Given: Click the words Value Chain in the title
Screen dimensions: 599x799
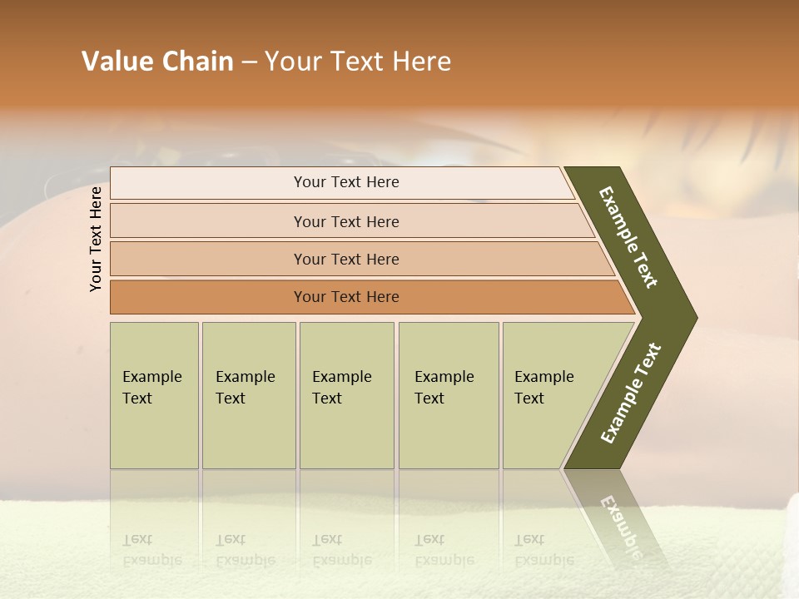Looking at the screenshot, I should [x=157, y=62].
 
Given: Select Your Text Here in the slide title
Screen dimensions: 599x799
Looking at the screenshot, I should [x=358, y=62].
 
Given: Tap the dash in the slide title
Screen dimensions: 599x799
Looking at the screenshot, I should [x=249, y=62].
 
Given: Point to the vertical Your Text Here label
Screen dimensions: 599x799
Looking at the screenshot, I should [x=96, y=239].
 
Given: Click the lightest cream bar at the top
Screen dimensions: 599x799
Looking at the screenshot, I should [x=345, y=182].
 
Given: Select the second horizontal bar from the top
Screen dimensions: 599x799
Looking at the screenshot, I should [x=345, y=221].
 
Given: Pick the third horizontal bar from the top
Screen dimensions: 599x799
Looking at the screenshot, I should [x=345, y=259].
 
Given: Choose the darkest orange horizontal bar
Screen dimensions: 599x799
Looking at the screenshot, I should [x=345, y=297].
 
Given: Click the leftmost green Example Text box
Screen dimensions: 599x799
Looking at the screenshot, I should [x=154, y=395].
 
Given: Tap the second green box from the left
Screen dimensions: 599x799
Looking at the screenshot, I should [x=248, y=395].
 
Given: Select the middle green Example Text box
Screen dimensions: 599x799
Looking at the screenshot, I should [x=346, y=395].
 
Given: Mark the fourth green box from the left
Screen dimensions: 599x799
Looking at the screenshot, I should [x=448, y=395].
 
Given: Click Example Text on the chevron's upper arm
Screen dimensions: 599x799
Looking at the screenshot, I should [x=628, y=237].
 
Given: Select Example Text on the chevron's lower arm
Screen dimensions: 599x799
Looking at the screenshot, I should [x=630, y=394].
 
